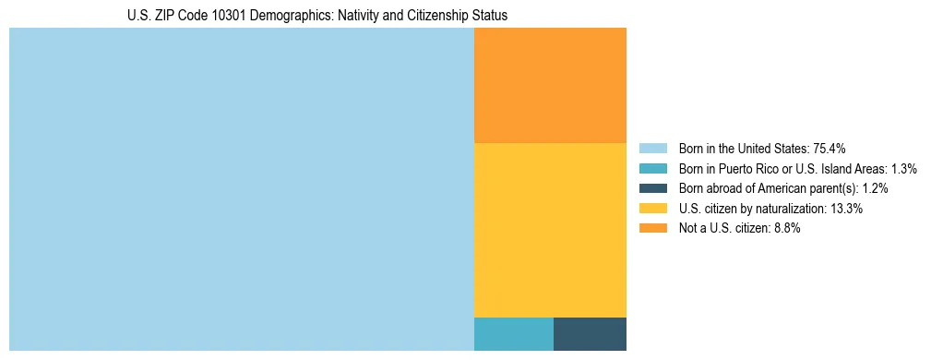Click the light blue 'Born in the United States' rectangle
tap(241, 189)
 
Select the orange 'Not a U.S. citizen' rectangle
tap(550, 85)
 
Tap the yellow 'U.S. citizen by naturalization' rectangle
tap(550, 230)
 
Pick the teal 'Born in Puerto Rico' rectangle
tap(513, 334)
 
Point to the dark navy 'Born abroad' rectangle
tap(590, 334)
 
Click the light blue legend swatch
tap(652, 149)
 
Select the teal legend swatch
tap(652, 169)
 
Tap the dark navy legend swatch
tap(652, 188)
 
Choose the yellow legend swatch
tap(652, 209)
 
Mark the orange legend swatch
tap(652, 229)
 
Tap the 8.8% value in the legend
tap(785, 229)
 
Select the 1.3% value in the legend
tap(903, 169)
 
